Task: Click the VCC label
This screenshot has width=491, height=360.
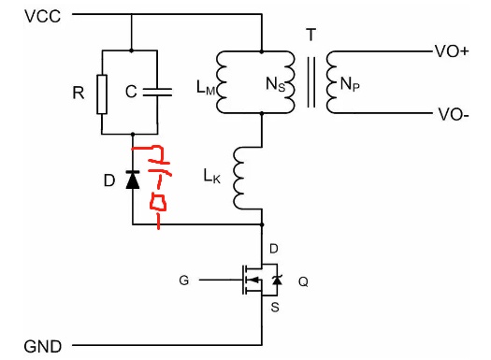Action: pos(43,16)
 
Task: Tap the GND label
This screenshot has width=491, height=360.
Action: pos(43,347)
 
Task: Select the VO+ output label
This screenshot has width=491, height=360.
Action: pos(451,51)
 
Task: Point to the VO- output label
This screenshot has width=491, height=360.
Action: pos(453,114)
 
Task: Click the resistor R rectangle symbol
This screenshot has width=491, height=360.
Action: pos(102,94)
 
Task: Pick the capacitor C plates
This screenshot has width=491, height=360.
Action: pos(157,92)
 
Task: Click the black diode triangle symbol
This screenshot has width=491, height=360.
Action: pos(133,180)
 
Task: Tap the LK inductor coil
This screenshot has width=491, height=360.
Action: pos(238,178)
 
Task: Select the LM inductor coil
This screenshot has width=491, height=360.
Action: pos(222,82)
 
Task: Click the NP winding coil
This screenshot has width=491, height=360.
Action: pos(332,82)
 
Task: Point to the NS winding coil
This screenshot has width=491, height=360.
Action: pos(289,82)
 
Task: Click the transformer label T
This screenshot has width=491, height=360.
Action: pos(310,35)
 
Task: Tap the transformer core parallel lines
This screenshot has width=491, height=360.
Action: pos(310,82)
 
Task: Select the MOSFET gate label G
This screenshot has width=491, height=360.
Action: pos(184,280)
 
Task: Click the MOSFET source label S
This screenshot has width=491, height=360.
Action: pos(275,307)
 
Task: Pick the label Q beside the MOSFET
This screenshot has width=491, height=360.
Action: pos(303,281)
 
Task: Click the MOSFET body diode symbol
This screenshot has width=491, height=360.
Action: pos(277,280)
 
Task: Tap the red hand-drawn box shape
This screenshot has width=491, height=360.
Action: pos(158,202)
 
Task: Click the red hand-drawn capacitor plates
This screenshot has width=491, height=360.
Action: pos(160,167)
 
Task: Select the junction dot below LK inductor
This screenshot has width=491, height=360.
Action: pos(262,224)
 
